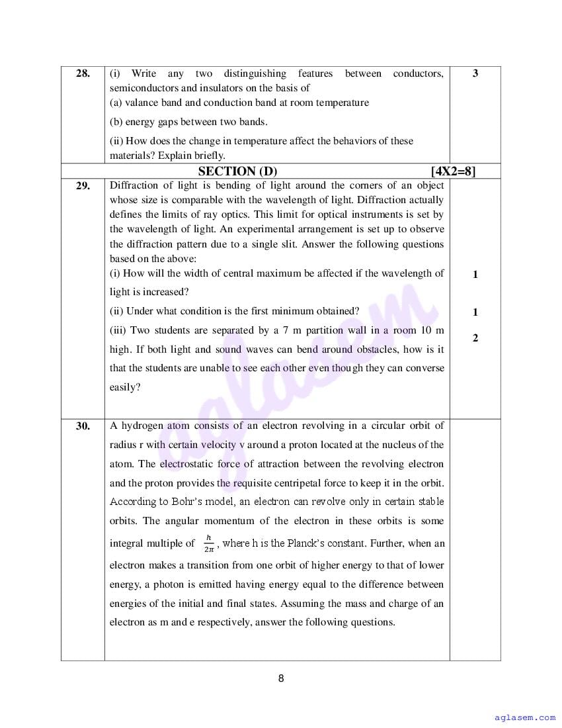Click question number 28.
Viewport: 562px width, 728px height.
coord(83,73)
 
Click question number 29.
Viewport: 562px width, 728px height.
coord(83,186)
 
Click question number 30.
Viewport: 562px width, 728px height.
coord(83,426)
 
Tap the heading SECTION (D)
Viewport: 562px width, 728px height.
coord(238,171)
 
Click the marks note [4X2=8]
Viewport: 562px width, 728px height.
coord(452,171)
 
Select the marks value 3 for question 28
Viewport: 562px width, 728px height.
coord(475,73)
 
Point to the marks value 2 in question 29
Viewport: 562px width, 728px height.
coord(475,338)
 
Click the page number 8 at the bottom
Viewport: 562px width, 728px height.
coord(281,678)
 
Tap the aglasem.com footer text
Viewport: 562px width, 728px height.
coord(525,717)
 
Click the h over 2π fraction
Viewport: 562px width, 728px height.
coord(209,543)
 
